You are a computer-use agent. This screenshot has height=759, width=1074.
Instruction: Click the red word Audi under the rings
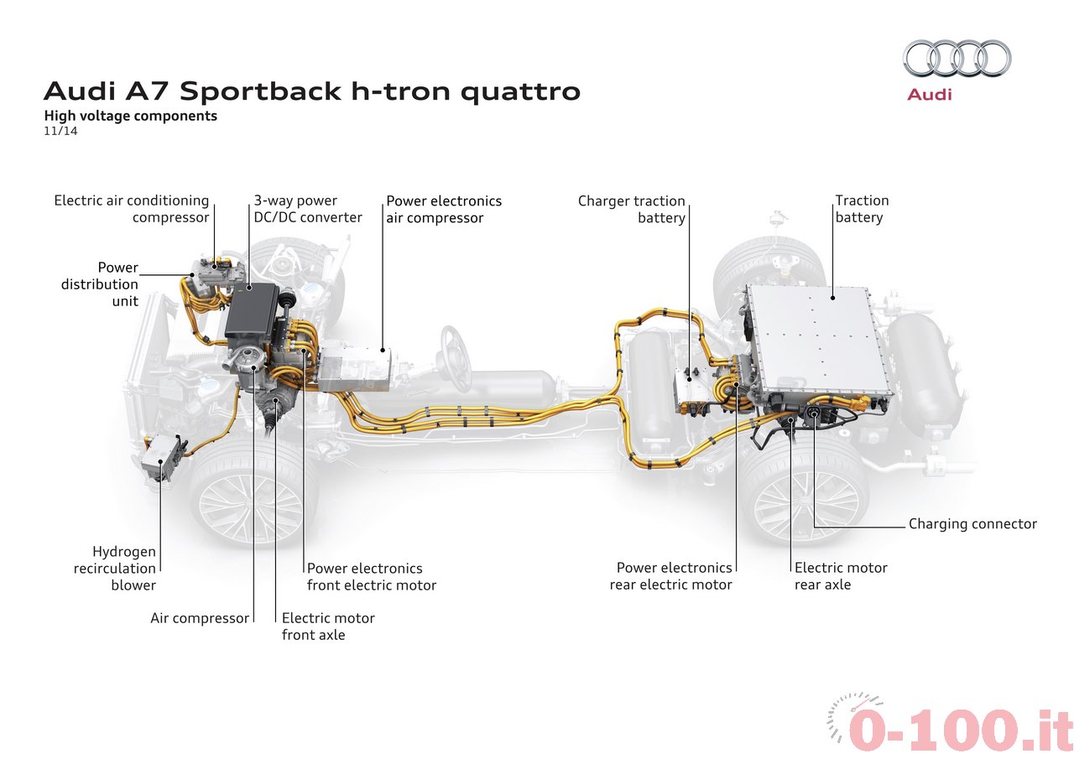pos(930,95)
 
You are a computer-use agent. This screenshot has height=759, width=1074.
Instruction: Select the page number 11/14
pos(60,131)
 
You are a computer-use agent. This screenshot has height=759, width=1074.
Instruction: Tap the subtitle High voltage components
pos(130,116)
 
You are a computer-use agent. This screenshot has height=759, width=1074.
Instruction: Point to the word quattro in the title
pos(521,91)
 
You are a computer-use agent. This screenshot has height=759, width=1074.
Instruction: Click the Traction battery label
pos(862,209)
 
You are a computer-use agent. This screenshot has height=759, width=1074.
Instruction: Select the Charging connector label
pos(972,523)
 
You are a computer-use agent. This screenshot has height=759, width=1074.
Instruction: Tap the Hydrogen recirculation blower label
pos(115,569)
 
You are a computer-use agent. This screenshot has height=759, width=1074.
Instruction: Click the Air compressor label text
pos(200,618)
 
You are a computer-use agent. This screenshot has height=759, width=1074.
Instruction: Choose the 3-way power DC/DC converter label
pos(308,209)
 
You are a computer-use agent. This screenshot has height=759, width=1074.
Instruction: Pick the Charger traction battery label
pos(632,210)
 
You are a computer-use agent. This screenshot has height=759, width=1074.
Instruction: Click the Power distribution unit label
pos(100,284)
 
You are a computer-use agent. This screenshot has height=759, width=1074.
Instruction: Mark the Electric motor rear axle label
pos(841,576)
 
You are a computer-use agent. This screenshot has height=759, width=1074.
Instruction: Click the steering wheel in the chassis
pos(455,357)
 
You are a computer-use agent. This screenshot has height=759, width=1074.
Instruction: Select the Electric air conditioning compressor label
pos(132,209)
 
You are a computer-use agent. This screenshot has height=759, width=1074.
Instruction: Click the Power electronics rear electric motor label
pos(670,576)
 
